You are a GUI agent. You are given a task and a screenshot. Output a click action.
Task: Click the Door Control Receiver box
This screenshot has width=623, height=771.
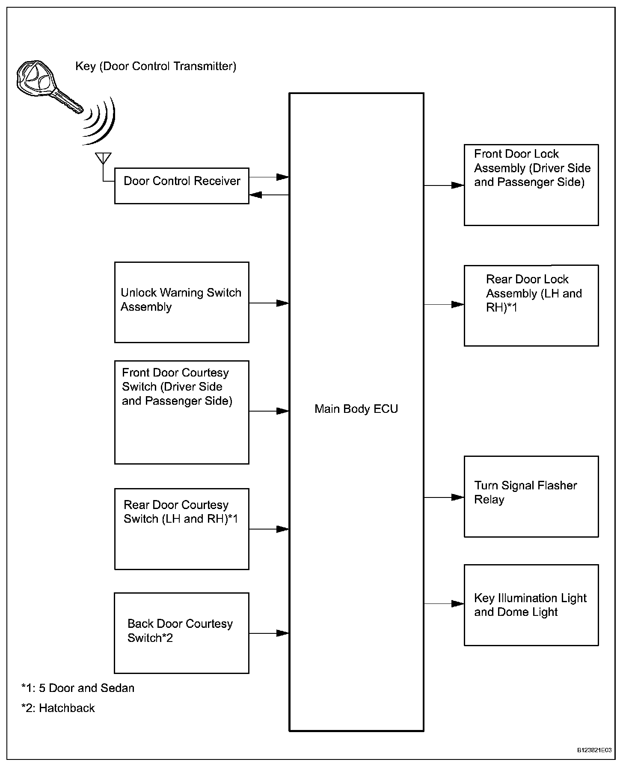point(181,185)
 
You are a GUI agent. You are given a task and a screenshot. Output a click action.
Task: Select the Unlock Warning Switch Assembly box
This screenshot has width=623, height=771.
point(181,302)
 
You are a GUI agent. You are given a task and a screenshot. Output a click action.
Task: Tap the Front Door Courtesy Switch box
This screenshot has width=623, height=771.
point(181,412)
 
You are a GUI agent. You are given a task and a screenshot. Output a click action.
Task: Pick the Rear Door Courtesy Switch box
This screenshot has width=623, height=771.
point(181,529)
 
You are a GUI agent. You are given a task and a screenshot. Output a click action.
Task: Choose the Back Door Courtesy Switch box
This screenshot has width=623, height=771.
point(181,633)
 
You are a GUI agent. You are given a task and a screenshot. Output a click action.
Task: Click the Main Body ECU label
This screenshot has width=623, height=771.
point(356,409)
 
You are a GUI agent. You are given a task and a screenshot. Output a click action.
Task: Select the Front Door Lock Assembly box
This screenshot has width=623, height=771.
point(531,185)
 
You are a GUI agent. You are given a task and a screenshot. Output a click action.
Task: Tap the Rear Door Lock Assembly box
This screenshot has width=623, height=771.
point(531,305)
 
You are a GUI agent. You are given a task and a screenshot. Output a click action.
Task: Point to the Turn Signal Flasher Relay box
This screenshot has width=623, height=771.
point(531,497)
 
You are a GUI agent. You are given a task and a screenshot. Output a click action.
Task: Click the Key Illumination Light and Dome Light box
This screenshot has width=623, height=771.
point(531,605)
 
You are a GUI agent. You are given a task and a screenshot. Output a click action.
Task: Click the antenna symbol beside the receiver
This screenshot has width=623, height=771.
point(103,159)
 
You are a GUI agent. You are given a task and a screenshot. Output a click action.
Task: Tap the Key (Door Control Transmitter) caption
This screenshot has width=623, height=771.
point(156,66)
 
